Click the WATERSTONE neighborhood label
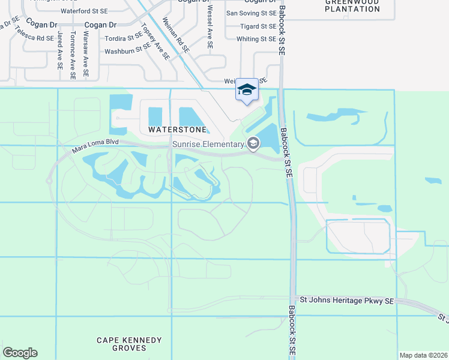tap(177, 130)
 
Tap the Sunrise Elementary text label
tap(208, 144)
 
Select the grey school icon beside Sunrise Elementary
tap(253, 143)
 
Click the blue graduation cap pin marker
tap(247, 90)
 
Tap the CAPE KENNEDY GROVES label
tap(130, 344)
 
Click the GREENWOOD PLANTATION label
tap(352, 5)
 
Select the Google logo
tap(20, 353)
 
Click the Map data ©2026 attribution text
tap(423, 355)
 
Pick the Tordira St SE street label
tap(123, 38)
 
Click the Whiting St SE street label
tap(256, 39)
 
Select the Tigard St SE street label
tap(258, 26)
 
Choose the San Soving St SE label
tap(252, 13)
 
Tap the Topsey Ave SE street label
tap(155, 42)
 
